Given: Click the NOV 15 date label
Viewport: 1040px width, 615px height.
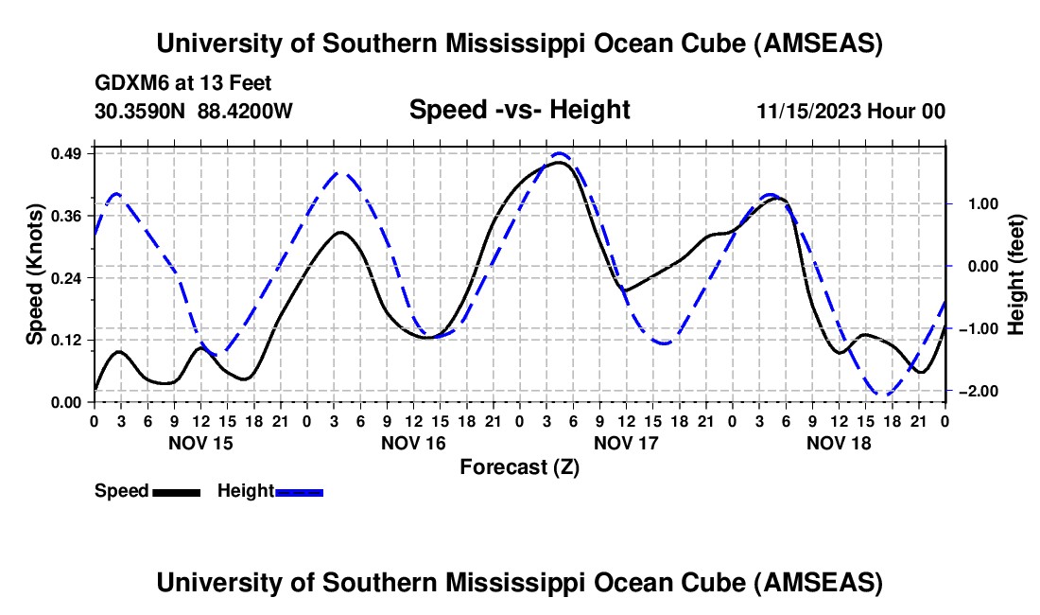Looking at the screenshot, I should click(x=199, y=442).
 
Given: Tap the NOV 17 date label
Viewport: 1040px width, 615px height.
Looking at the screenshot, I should click(x=625, y=442).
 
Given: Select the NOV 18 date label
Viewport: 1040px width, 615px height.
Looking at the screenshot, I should click(x=838, y=442).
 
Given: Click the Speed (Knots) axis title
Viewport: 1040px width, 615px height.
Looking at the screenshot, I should click(x=34, y=274).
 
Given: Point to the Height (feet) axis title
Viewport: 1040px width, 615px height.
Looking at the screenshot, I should click(x=1016, y=274).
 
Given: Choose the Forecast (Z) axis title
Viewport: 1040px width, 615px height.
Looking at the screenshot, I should click(x=519, y=466).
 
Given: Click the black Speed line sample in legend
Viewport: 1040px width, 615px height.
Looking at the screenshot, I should click(x=175, y=491).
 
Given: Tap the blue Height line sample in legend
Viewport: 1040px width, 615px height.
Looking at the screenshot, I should click(x=299, y=491).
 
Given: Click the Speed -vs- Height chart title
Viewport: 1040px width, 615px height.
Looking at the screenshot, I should click(x=519, y=110).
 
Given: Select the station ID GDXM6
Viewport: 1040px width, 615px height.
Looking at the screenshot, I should click(x=133, y=83).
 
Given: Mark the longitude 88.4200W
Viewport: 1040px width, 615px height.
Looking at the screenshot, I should click(x=245, y=111).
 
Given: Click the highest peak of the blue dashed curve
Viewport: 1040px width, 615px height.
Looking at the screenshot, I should click(x=560, y=153).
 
